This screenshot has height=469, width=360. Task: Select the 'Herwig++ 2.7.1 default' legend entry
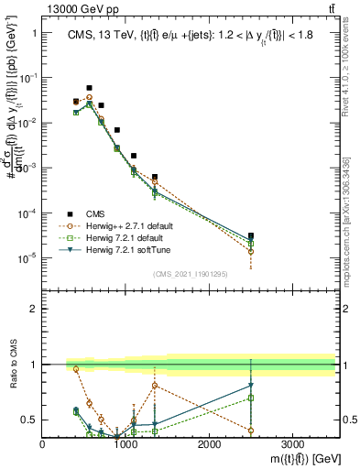[128, 225]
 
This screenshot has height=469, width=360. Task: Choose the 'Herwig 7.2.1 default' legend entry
[125, 237]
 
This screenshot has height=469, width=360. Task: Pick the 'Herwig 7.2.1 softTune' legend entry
[127, 249]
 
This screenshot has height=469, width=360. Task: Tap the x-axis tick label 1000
[125, 444]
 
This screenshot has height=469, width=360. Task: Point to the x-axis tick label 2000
[209, 444]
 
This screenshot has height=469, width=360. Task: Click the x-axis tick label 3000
[292, 444]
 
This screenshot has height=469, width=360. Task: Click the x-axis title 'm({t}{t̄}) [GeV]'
[293, 457]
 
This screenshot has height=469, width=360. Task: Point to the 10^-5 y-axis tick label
[26, 258]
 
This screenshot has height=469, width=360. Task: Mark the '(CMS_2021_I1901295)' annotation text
[190, 274]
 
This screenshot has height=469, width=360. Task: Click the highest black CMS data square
[89, 88]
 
